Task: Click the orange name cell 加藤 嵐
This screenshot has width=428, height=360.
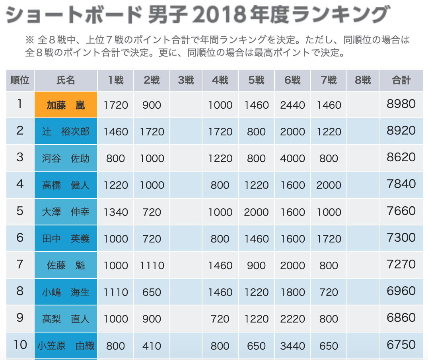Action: tap(66, 105)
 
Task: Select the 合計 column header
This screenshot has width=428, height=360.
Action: tap(401, 80)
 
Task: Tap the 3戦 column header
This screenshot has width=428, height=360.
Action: tap(186, 80)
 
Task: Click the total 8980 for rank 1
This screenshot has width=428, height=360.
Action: tap(401, 104)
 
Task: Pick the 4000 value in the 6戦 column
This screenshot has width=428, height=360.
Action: tap(292, 158)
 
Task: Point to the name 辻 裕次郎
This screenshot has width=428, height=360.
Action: tap(66, 132)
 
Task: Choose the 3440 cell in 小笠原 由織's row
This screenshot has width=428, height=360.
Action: tap(292, 346)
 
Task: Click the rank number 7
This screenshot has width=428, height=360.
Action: tap(20, 264)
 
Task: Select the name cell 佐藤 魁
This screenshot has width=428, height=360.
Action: tap(66, 265)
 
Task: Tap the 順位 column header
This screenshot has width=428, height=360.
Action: tap(20, 80)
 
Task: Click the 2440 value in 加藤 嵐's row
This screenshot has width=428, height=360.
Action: tap(292, 105)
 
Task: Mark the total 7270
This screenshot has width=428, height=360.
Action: tap(401, 264)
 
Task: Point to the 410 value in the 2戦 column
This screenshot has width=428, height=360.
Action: tap(152, 346)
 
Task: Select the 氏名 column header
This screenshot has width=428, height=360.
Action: tap(66, 80)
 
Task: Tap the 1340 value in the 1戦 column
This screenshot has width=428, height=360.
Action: tap(116, 212)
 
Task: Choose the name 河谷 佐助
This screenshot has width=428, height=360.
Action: tap(66, 158)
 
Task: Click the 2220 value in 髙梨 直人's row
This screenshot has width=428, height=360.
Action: tap(292, 319)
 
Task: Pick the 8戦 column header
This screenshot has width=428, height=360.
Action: tap(362, 80)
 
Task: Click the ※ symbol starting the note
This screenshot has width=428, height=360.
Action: tap(30, 40)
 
